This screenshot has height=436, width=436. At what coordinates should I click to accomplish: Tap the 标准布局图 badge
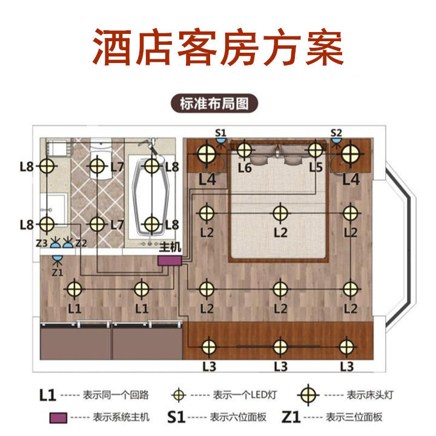(214, 103)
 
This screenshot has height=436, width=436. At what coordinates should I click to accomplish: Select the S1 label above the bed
(220, 132)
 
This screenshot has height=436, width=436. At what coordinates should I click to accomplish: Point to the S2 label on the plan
(336, 132)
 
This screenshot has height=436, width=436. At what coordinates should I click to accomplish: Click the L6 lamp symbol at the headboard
(243, 150)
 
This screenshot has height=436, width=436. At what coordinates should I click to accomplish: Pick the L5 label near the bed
(315, 168)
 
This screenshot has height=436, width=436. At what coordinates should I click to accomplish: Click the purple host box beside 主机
(170, 260)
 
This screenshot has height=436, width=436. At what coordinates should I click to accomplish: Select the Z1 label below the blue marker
(57, 272)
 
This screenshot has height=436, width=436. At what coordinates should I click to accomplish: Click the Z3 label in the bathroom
(42, 243)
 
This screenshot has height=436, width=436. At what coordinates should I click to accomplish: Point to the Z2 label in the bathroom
(82, 243)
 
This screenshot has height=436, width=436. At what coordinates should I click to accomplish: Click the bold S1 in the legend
(175, 417)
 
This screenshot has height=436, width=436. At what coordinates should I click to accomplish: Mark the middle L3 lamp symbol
(279, 346)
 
